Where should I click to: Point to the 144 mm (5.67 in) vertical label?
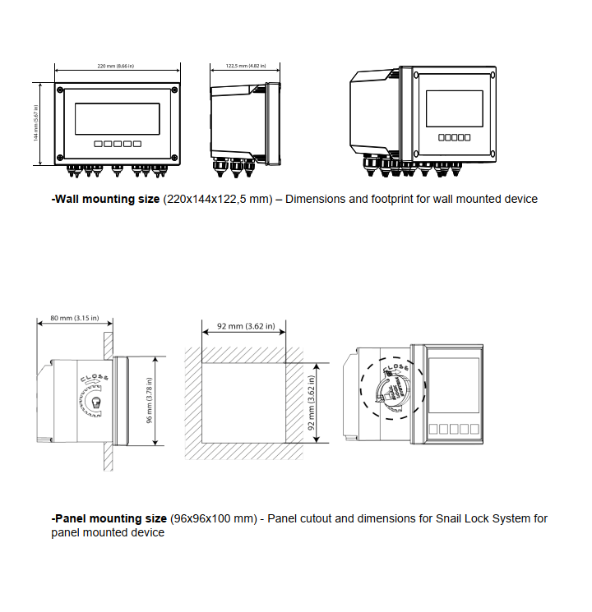36,123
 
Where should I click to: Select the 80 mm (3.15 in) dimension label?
74,317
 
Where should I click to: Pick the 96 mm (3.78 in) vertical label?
150,400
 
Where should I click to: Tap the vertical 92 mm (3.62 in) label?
311,400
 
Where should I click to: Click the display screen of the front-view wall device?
117,118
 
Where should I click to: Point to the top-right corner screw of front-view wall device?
175,89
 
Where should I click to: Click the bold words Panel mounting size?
110,518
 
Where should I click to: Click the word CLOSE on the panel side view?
92,381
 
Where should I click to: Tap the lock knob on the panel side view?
96,404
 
